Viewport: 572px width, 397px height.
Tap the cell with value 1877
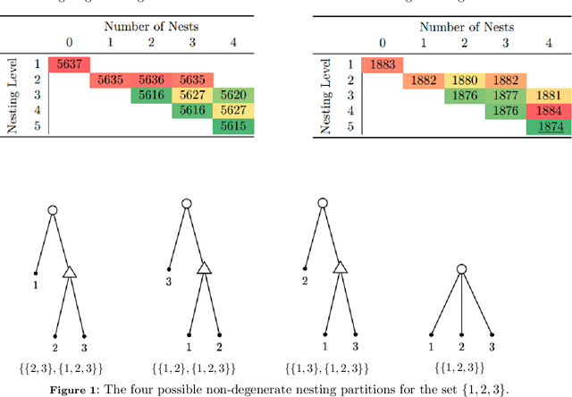pyautogui.click(x=505, y=95)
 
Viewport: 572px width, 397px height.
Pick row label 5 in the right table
pyautogui.click(x=350, y=127)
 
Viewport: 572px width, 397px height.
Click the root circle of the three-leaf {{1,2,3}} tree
pyautogui.click(x=461, y=269)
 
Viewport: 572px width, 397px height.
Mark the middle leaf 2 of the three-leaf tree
pyautogui.click(x=461, y=345)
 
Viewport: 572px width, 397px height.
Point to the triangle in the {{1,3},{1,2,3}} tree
pyautogui.click(x=340, y=267)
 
